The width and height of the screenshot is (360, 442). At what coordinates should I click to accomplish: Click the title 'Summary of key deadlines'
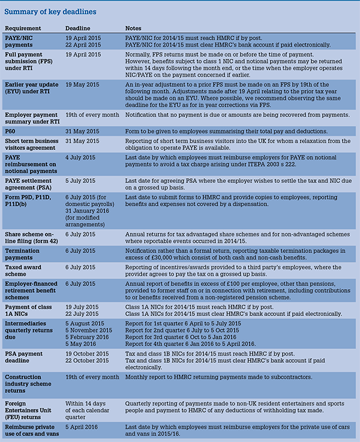tap(52, 12)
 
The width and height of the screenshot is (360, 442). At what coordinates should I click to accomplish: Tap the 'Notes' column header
tap(133, 28)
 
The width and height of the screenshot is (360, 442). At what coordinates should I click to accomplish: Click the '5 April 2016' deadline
tap(83, 426)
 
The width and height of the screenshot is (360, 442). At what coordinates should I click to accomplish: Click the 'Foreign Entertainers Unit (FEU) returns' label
tap(31, 407)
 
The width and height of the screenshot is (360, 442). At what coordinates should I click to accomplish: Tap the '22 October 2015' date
tap(90, 361)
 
